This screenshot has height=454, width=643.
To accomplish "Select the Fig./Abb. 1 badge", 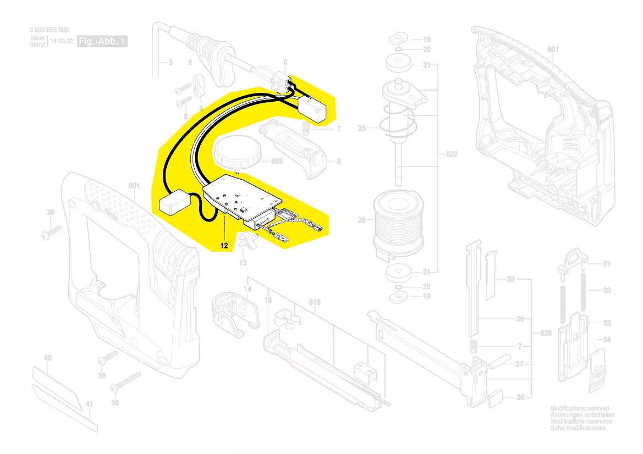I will click(102, 42).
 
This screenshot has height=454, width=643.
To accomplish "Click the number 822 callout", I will click(451, 156).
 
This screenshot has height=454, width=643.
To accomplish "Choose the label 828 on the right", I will click(545, 334).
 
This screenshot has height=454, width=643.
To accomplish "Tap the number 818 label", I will click(314, 302).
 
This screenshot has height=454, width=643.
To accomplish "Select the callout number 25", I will click(362, 129).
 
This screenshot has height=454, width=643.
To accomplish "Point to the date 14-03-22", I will click(62, 42).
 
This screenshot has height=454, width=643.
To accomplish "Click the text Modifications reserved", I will click(580, 408).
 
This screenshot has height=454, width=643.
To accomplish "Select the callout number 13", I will click(243, 263).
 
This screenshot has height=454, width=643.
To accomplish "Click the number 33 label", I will click(607, 323).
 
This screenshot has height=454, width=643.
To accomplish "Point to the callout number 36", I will click(520, 319).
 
